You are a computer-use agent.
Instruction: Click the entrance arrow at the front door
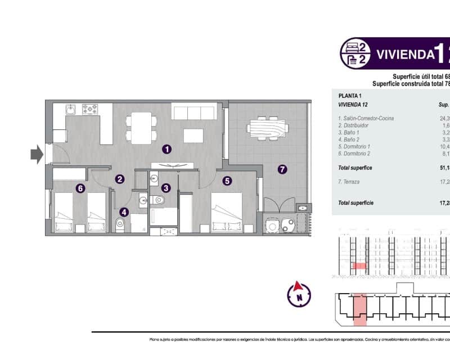click(x=37, y=154)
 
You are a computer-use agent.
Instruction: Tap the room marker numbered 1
click(x=166, y=149)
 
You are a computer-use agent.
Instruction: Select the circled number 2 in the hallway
click(x=120, y=179)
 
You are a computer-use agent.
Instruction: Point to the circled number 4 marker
click(x=227, y=181)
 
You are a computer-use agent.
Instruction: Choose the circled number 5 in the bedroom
click(x=80, y=188)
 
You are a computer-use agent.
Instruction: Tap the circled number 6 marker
click(x=282, y=169)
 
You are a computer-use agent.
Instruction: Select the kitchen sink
click(x=90, y=109)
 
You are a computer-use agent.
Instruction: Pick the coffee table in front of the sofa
click(x=193, y=135)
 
